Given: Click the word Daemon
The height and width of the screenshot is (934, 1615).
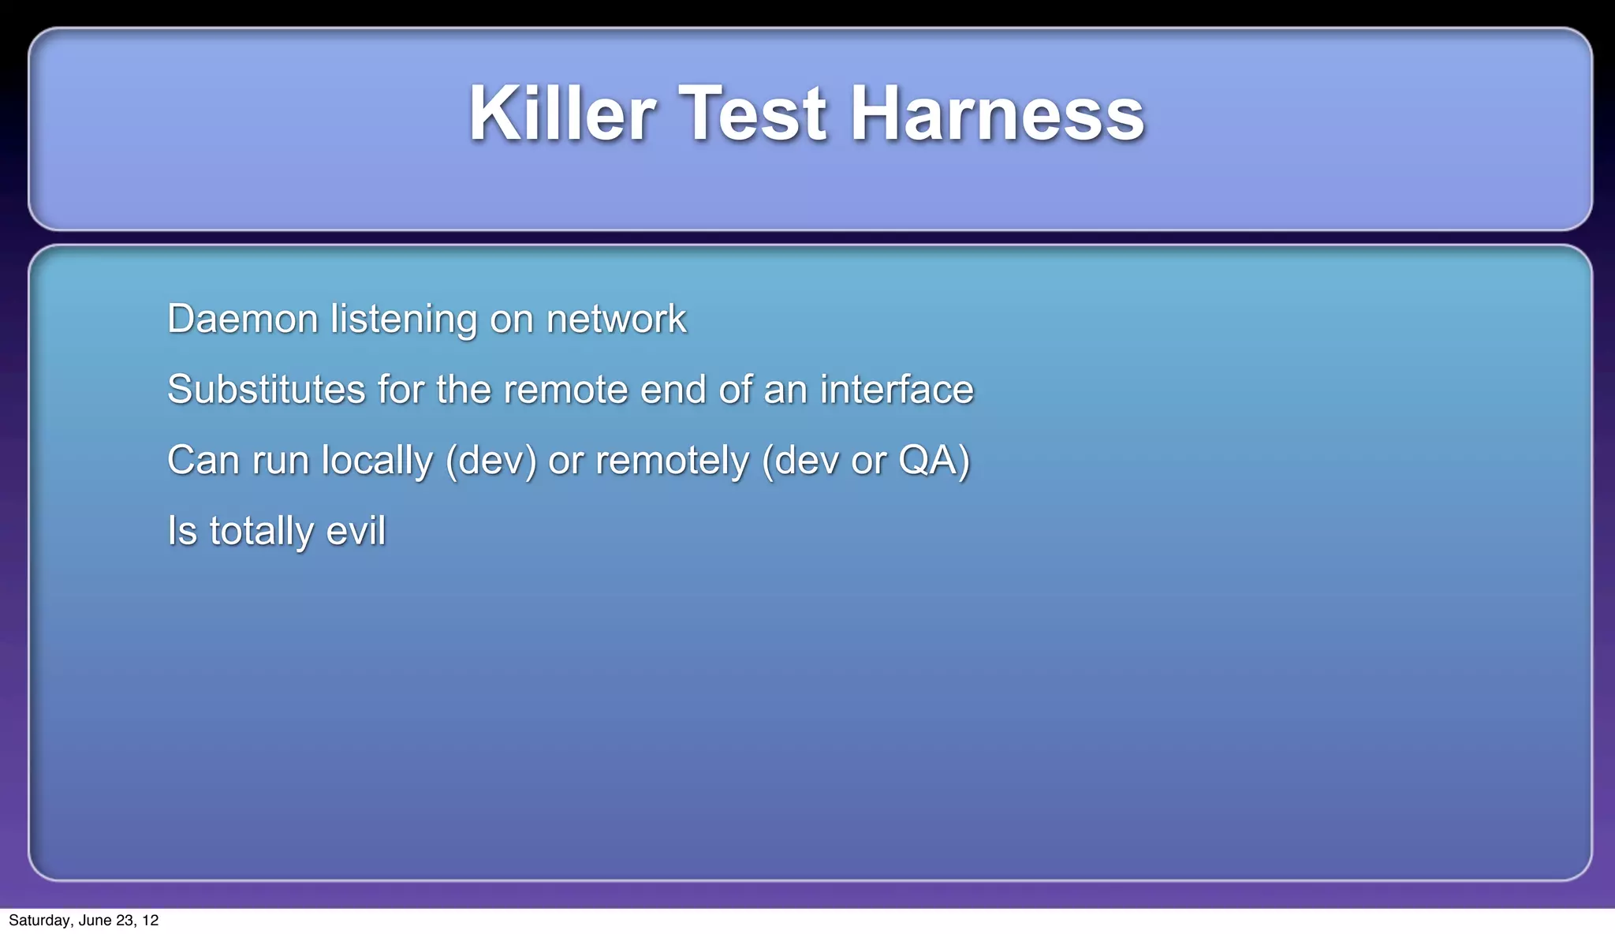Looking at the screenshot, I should click(x=242, y=319).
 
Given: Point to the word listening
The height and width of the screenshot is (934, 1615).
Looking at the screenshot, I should click(x=403, y=319).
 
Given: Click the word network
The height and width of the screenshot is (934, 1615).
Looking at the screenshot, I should click(x=616, y=319).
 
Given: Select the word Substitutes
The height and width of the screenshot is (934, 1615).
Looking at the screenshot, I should click(x=266, y=390).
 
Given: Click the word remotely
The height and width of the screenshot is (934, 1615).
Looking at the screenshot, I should click(x=672, y=461).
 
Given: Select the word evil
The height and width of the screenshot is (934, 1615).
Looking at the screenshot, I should click(x=356, y=531).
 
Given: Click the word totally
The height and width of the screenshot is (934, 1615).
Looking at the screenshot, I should click(x=261, y=531).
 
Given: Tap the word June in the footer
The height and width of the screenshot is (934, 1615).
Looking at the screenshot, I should click(x=94, y=921).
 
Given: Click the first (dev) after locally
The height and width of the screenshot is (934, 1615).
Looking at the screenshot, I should click(x=490, y=461).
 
